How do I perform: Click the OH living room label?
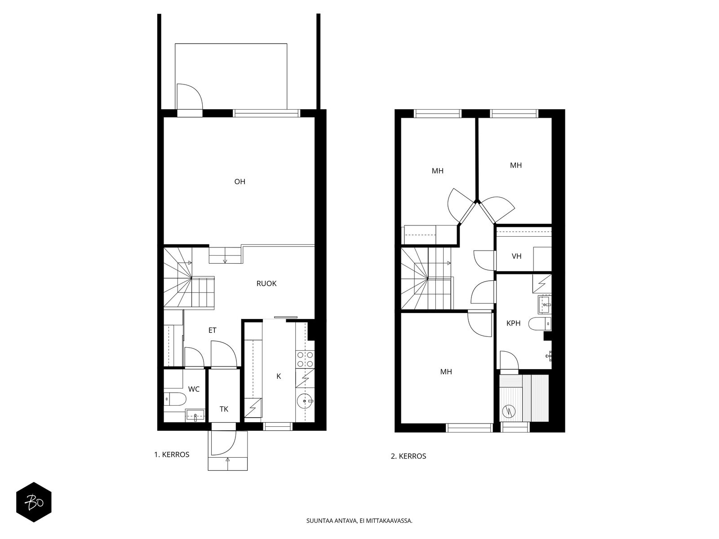(x=240, y=181)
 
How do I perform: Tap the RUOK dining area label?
(x=266, y=283)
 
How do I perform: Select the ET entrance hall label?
(x=212, y=330)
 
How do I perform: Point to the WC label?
(x=194, y=389)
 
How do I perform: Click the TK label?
(x=224, y=409)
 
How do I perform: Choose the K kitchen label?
(x=279, y=376)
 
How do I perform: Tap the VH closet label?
(x=517, y=256)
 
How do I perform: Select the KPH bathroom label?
(x=513, y=323)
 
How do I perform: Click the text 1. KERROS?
(x=172, y=455)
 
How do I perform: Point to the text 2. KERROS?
(x=408, y=456)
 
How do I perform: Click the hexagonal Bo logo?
(x=34, y=502)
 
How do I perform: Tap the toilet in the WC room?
(x=175, y=399)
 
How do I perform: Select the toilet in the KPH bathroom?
(x=540, y=324)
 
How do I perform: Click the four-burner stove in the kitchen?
(x=305, y=359)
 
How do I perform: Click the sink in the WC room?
(x=195, y=415)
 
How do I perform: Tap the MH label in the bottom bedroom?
(x=446, y=372)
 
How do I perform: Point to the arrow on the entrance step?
(x=228, y=460)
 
